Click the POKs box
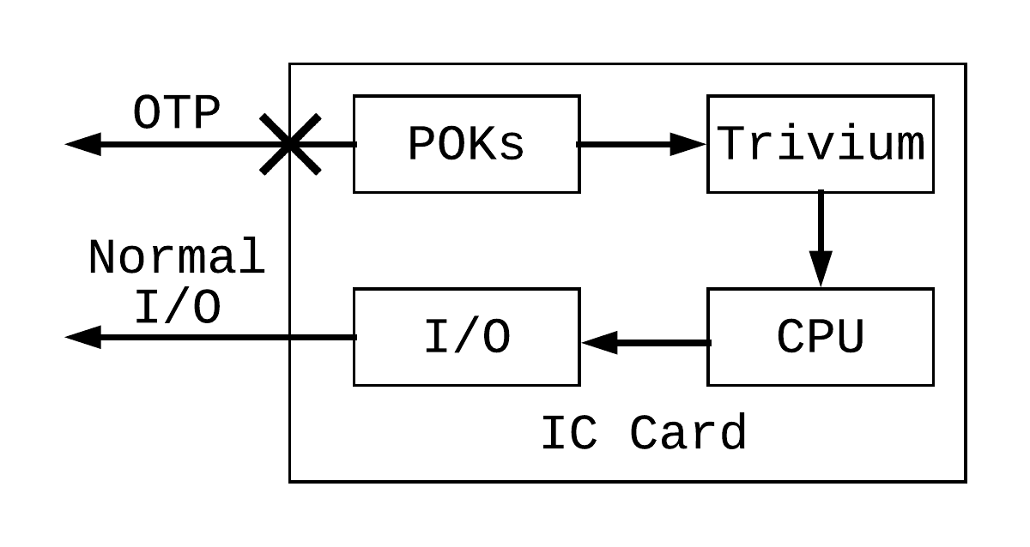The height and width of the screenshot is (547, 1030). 466,144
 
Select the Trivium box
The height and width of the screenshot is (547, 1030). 820,144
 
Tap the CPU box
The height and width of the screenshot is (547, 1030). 820,337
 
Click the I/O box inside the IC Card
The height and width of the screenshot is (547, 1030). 466,337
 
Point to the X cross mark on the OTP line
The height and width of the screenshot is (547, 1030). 291,144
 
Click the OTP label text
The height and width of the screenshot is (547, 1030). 176,113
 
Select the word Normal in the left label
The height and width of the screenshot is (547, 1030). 176,257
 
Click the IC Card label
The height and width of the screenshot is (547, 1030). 643,433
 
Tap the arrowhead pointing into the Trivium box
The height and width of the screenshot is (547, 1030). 689,144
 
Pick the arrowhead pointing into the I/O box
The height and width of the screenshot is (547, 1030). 599,343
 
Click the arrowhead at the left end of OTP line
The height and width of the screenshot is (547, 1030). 83,144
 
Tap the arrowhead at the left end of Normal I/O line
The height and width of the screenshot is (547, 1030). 83,337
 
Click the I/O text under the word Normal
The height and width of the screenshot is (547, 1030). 176,307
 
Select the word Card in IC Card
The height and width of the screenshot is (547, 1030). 688,433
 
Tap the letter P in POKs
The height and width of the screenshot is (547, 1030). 421,145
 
